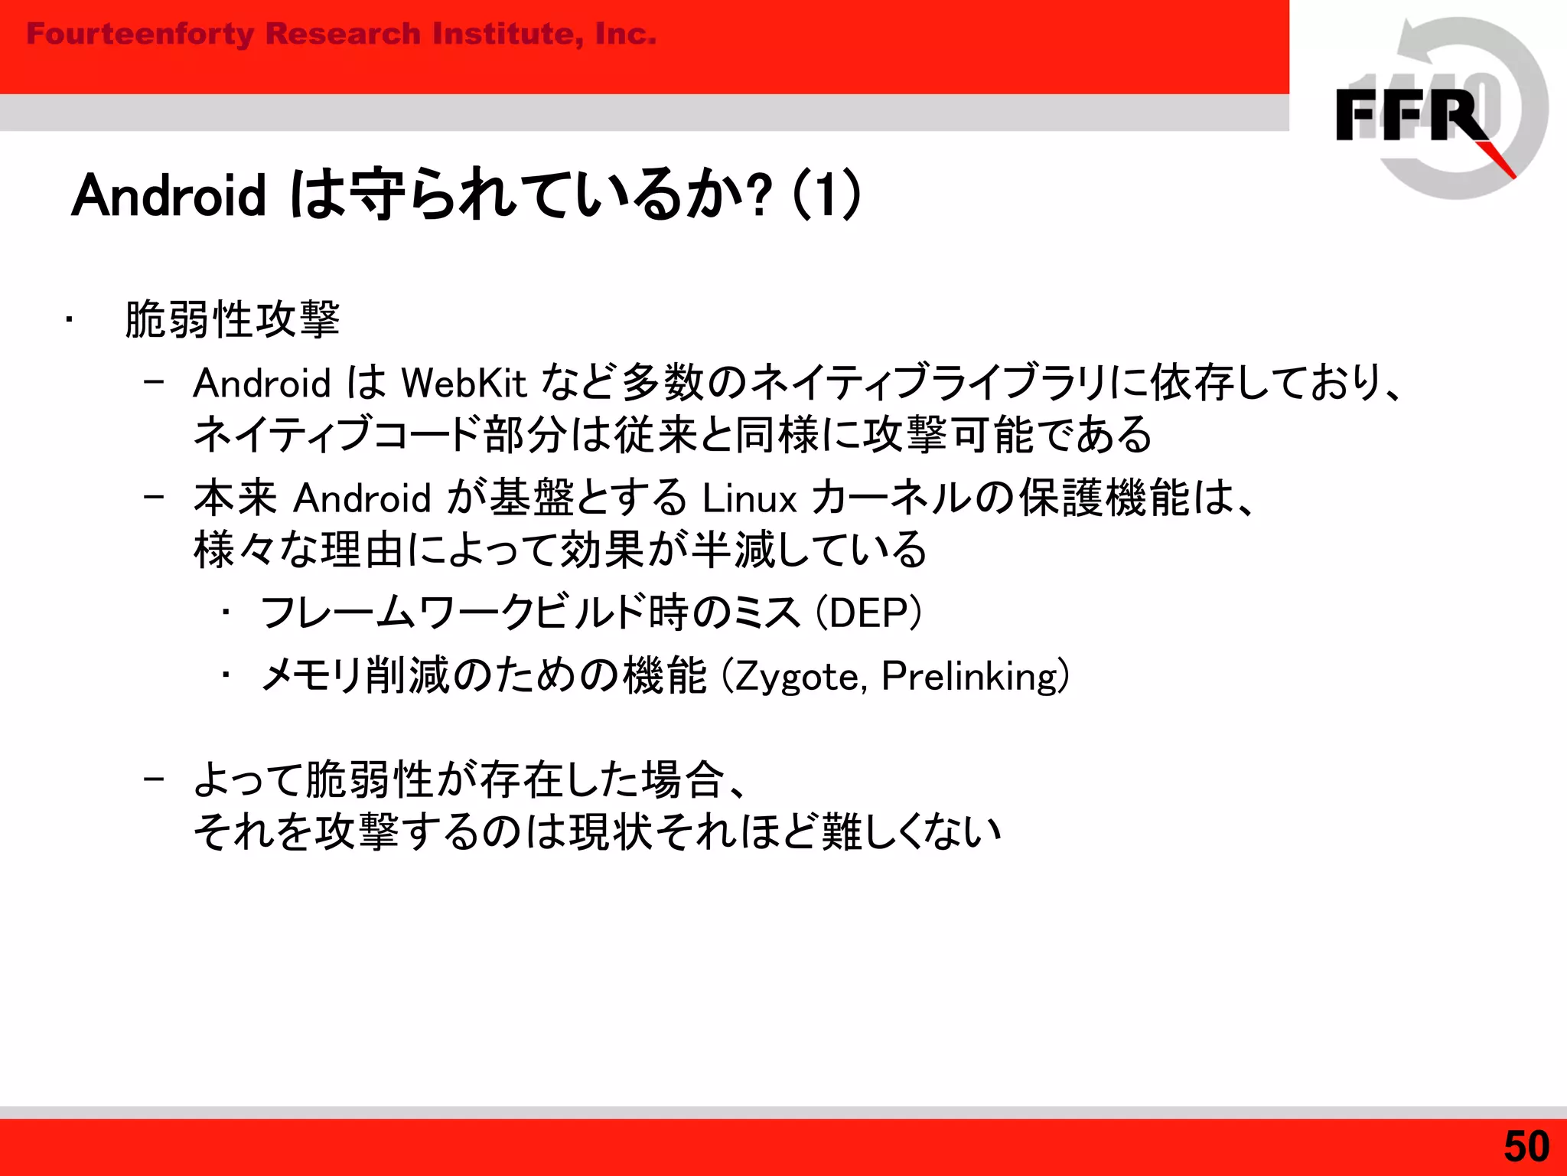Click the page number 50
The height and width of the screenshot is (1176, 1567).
click(x=1526, y=1146)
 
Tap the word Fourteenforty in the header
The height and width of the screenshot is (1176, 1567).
click(x=140, y=34)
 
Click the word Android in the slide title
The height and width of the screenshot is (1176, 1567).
click(x=168, y=195)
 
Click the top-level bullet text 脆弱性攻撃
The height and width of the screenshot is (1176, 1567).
click(x=233, y=319)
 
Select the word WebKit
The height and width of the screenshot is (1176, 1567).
click(x=464, y=383)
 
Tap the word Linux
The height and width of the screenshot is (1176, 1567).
click(x=749, y=498)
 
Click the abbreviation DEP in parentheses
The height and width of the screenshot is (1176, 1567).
click(x=868, y=613)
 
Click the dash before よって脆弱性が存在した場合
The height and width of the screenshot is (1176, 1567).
click(x=154, y=779)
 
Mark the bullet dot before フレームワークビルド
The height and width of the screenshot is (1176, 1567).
click(x=226, y=612)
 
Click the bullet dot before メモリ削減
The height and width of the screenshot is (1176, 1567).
click(x=226, y=676)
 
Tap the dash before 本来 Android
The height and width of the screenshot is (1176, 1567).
click(x=154, y=497)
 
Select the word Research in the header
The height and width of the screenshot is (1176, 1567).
click(x=343, y=34)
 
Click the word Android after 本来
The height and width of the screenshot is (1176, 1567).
click(x=363, y=498)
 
